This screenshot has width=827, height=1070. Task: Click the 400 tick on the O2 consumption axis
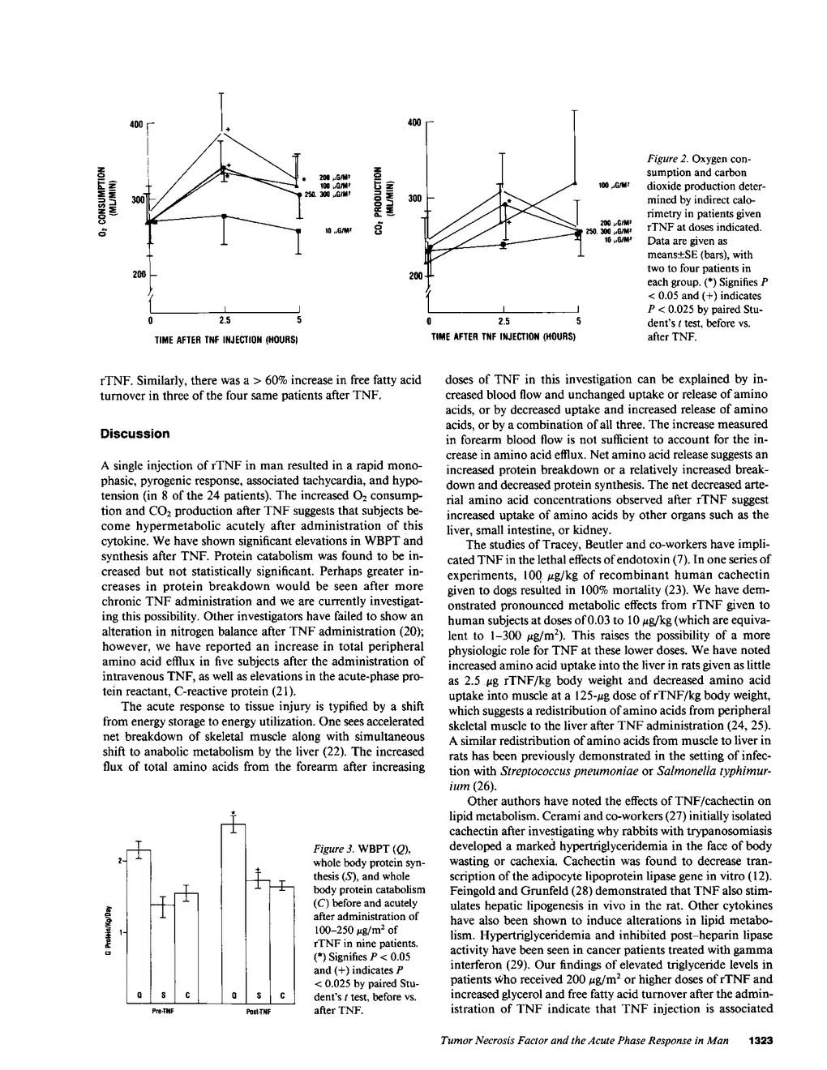tap(136, 124)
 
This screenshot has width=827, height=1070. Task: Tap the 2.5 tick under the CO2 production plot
tap(504, 320)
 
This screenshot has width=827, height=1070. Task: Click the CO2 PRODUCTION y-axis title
tap(379, 199)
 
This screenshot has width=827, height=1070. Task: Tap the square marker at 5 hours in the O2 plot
tap(298, 230)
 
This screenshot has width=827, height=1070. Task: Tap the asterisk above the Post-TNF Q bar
tap(233, 813)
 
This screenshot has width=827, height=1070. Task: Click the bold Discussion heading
tap(135, 434)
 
